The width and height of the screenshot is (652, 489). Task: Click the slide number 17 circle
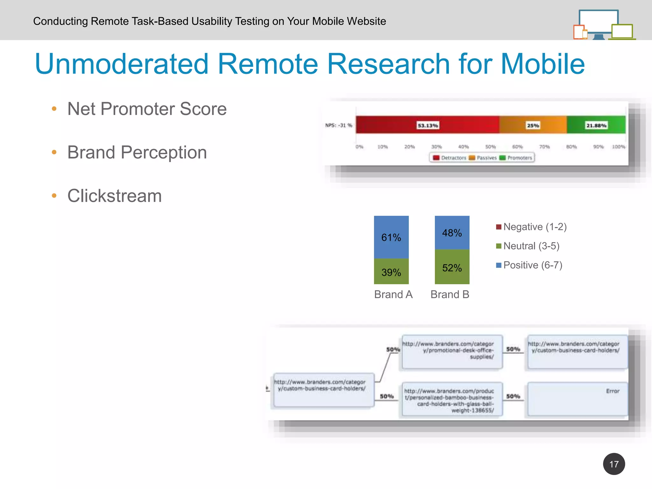(613, 464)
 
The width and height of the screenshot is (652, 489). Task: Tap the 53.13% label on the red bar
(428, 125)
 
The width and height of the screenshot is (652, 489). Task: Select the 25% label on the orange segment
(533, 125)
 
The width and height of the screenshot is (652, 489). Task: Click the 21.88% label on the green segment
(596, 125)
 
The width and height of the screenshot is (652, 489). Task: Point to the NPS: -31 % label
(338, 125)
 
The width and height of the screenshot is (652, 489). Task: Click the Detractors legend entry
(450, 158)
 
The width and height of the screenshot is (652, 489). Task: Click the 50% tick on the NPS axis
(490, 147)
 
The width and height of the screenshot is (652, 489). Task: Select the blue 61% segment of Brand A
(391, 237)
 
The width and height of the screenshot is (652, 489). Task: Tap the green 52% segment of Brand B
(452, 267)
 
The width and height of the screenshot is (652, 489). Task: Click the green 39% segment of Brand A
(391, 272)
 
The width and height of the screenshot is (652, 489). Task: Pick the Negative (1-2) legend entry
(531, 227)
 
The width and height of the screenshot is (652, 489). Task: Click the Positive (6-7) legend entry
(529, 265)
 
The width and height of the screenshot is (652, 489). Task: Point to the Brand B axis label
(450, 294)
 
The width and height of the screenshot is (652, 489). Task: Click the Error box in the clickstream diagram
(578, 399)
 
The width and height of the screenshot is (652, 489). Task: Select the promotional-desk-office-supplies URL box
(452, 351)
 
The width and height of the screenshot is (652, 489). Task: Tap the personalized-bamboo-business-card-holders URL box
(452, 399)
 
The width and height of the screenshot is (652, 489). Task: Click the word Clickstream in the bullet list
(114, 195)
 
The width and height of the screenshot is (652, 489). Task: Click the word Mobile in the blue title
(542, 64)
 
